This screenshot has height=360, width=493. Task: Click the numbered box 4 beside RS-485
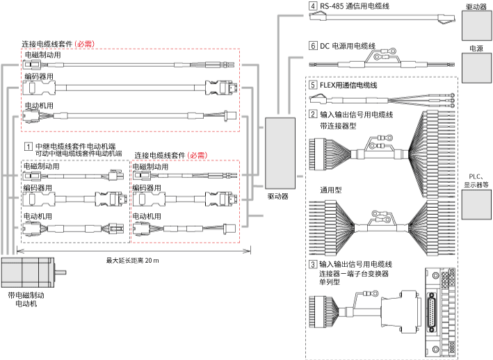(x=313, y=7)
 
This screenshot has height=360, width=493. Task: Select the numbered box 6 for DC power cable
(x=313, y=47)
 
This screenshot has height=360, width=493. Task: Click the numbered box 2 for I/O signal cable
(x=313, y=114)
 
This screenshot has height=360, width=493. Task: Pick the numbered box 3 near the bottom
(x=313, y=265)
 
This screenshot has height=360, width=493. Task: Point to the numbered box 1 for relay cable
(x=28, y=147)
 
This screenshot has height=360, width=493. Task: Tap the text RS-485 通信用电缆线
(x=354, y=7)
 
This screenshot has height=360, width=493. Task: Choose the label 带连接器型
(x=337, y=125)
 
